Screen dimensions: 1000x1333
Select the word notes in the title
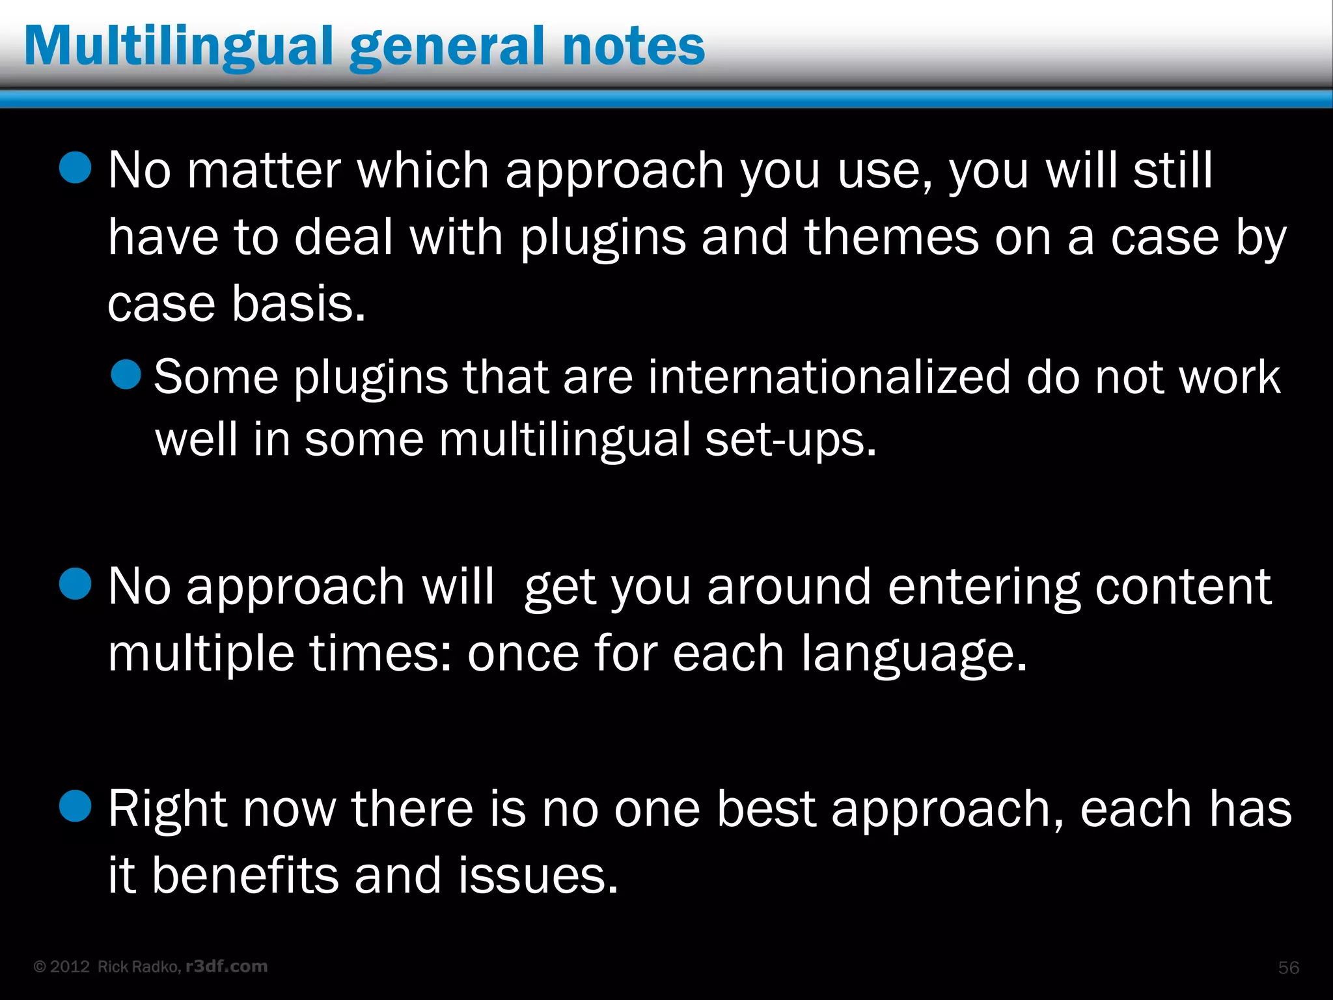[x=633, y=47]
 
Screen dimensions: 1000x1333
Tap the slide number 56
[x=1288, y=967]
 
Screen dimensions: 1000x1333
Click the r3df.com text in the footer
[x=227, y=966]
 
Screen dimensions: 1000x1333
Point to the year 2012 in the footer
[x=70, y=967]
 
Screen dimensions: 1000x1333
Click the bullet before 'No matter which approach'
[x=75, y=167]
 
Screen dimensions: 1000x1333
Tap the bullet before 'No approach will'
[x=75, y=583]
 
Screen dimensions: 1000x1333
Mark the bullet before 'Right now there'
[x=75, y=806]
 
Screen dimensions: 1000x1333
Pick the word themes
[x=891, y=237]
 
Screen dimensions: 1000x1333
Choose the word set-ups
[x=790, y=439]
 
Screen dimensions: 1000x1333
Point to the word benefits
[x=245, y=875]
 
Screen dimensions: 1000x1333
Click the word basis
[x=299, y=304]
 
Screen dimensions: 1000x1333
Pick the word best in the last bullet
[x=766, y=809]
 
